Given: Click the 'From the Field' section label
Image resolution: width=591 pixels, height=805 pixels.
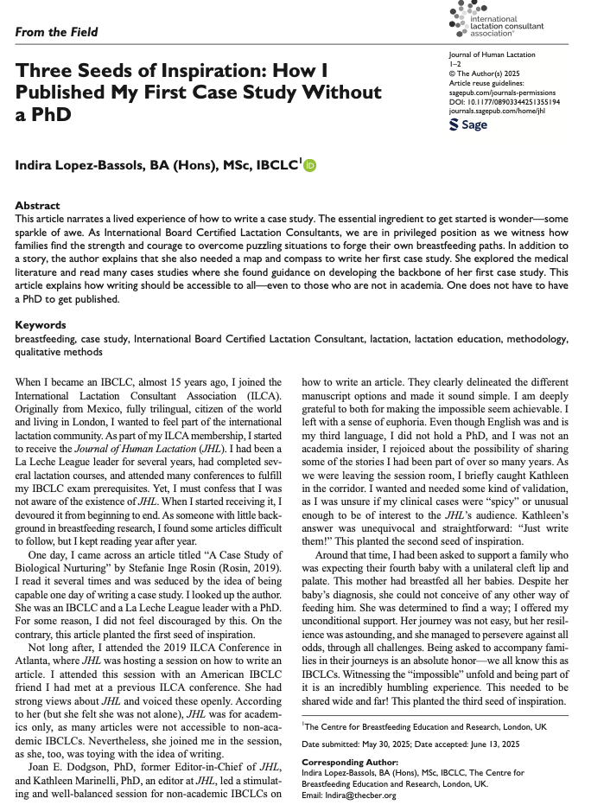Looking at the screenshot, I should click(x=56, y=33).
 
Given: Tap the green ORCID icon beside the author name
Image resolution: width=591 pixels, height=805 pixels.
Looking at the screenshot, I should click(x=310, y=164).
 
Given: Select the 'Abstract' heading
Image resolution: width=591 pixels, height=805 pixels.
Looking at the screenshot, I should click(x=38, y=207).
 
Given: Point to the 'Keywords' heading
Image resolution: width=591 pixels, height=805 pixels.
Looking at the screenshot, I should click(x=41, y=325).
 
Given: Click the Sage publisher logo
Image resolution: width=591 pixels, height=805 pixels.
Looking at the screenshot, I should click(x=468, y=125).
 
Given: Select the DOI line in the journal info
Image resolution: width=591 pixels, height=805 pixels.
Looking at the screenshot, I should click(x=505, y=102).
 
